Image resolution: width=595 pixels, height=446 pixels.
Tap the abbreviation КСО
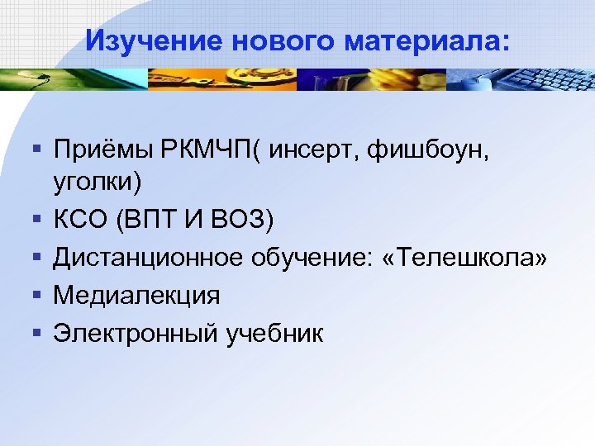click(x=82, y=221)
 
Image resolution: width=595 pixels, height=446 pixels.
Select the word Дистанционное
click(x=145, y=258)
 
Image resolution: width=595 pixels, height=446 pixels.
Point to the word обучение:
click(x=301, y=258)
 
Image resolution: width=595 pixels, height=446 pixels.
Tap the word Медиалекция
click(x=136, y=295)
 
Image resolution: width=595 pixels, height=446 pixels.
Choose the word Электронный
click(x=136, y=334)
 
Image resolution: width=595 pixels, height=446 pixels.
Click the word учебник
click(x=274, y=334)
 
